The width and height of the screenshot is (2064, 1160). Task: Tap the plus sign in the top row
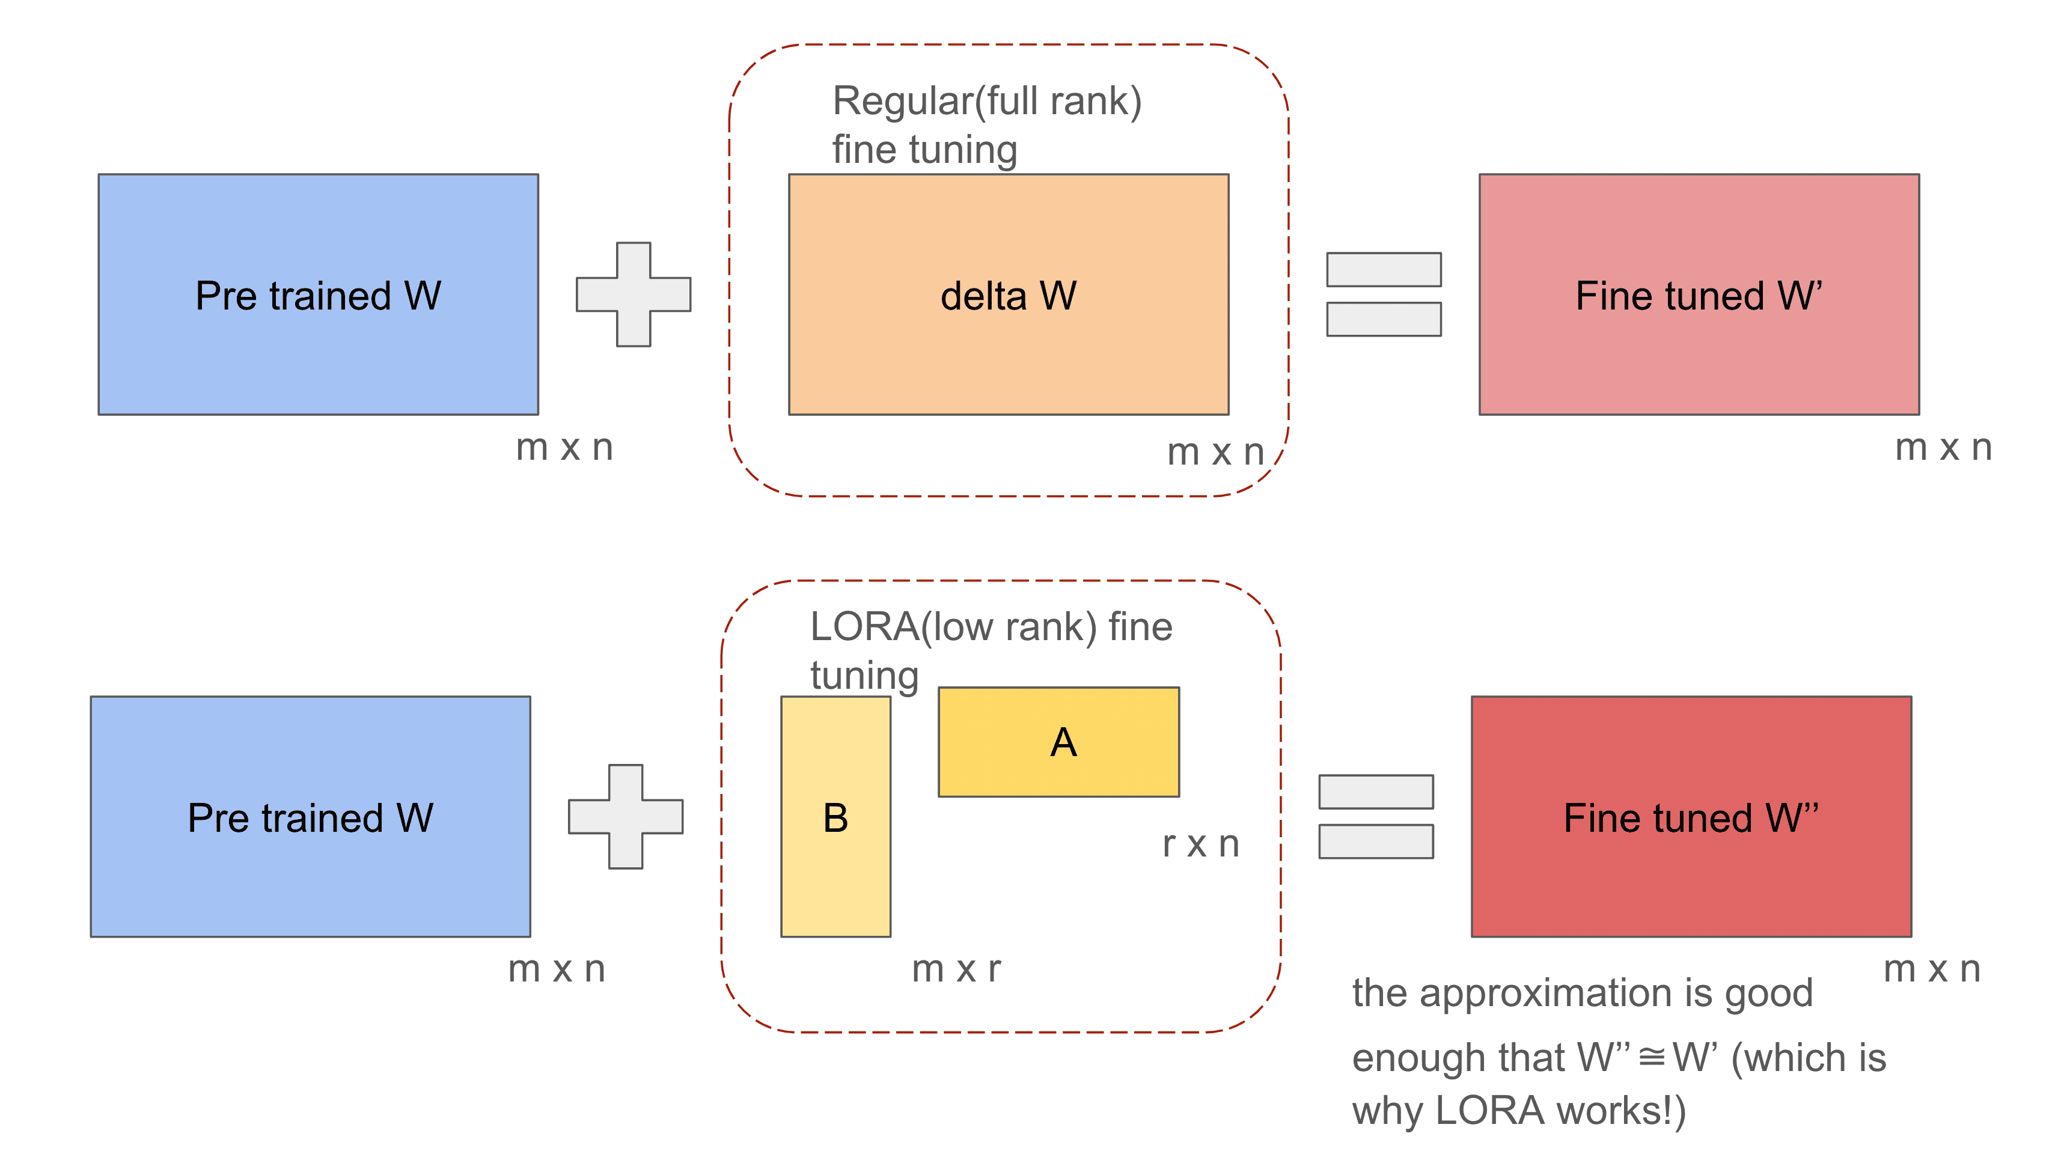(x=633, y=294)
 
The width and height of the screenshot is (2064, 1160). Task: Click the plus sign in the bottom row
(x=625, y=816)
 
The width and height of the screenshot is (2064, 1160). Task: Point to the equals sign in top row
(x=1383, y=294)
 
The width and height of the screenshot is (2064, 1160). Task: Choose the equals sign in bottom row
(x=1375, y=816)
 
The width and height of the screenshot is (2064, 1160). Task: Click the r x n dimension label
(x=1200, y=844)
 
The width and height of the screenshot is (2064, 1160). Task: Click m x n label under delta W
(x=1215, y=453)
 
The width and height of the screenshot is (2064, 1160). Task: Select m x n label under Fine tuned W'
(x=1942, y=447)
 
